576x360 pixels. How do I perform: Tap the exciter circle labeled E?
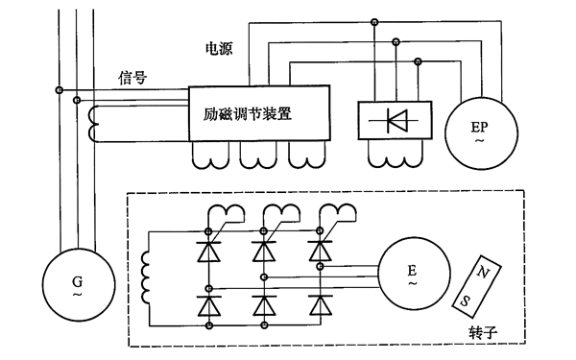tap(413, 275)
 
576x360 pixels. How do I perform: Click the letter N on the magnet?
tap(484, 273)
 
